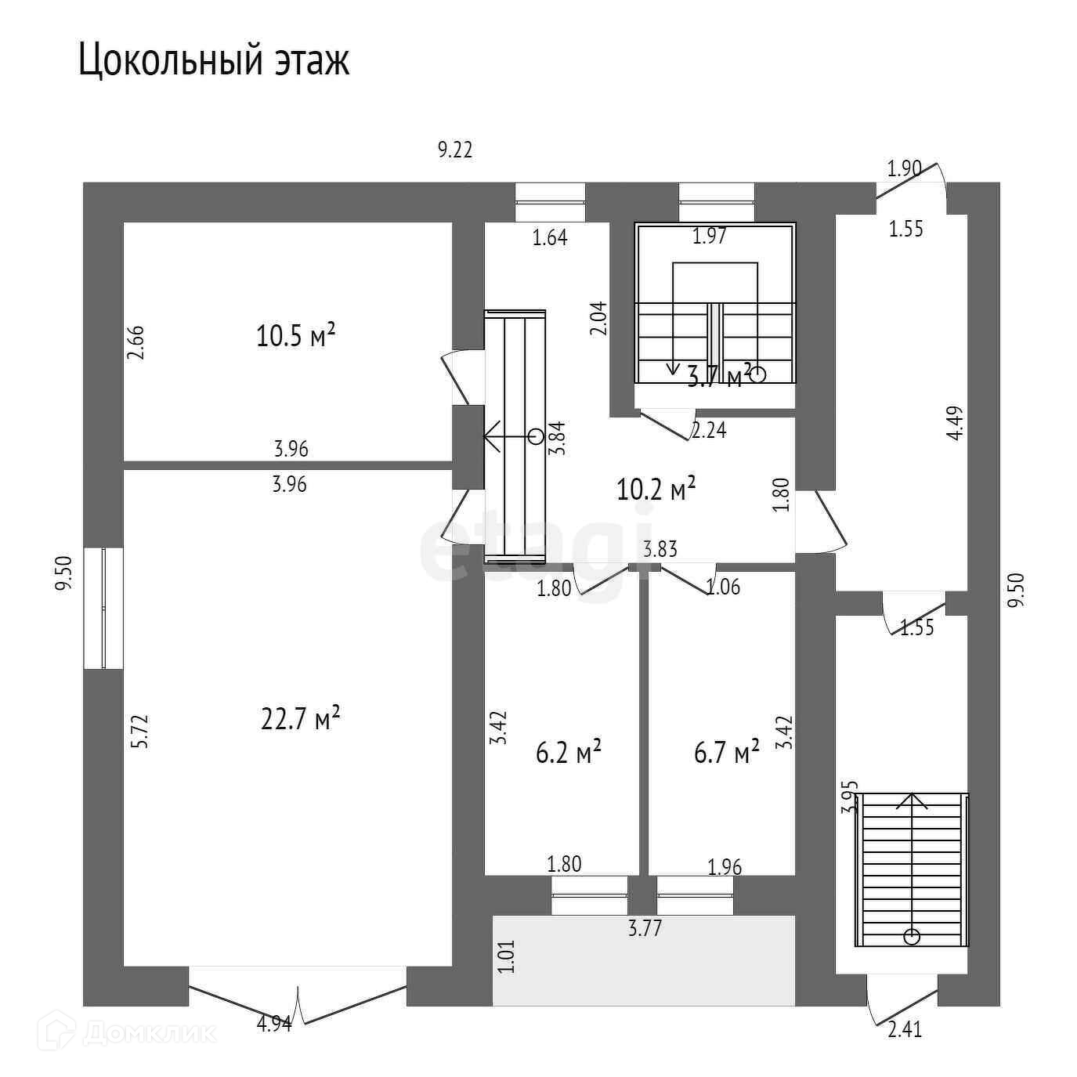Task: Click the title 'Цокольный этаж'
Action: click(213, 60)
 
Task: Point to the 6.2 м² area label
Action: click(569, 753)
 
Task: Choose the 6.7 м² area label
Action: click(727, 753)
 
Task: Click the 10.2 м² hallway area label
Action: click(656, 490)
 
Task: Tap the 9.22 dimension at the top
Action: click(455, 150)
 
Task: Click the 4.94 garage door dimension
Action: click(274, 1024)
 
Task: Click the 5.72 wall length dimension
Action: click(139, 732)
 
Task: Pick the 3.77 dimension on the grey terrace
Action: click(645, 929)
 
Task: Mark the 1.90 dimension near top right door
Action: click(904, 168)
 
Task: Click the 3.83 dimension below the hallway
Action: click(660, 550)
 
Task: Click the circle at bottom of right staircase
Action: click(912, 935)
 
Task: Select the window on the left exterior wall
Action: click(103, 608)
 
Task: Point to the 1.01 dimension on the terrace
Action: click(508, 956)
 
